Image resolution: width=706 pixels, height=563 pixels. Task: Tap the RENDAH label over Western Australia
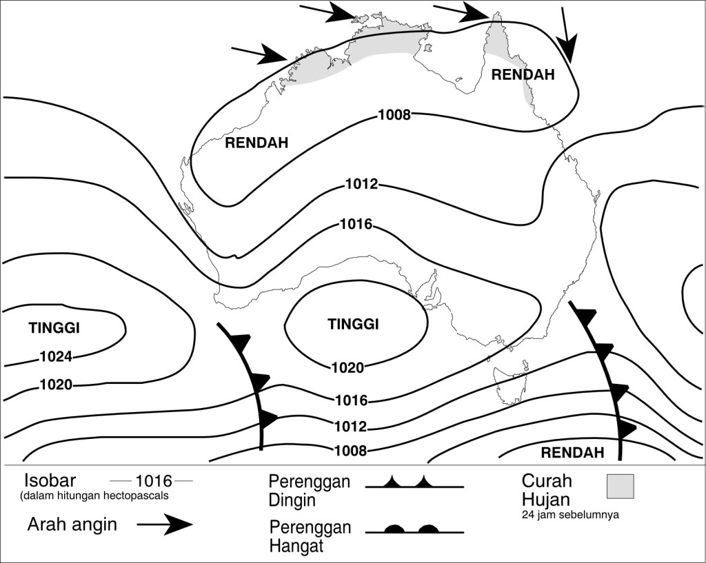tap(256, 143)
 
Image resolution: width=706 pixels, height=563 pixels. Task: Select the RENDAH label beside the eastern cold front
tap(572, 453)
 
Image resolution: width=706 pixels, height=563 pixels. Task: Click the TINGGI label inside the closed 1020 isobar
tap(353, 325)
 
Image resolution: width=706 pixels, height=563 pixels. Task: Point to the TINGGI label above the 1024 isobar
tap(54, 328)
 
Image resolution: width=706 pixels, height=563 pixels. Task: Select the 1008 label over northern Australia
tap(394, 114)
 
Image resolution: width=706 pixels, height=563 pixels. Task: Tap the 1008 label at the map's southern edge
tap(350, 451)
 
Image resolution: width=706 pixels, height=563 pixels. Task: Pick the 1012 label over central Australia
tap(361, 184)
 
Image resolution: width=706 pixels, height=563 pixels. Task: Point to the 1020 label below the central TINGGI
tap(347, 367)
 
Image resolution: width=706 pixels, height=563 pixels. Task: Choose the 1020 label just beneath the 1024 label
tap(56, 385)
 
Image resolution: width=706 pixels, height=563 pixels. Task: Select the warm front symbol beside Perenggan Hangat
tap(414, 530)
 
